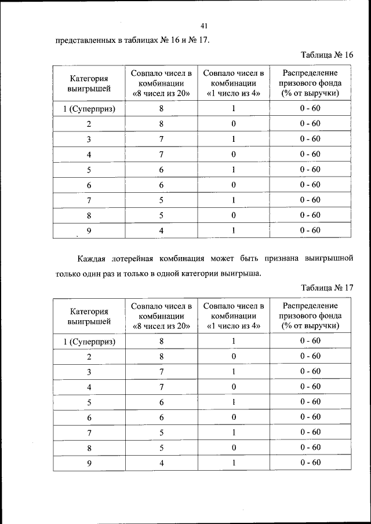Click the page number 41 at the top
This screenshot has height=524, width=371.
204,25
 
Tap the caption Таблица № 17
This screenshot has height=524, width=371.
327,287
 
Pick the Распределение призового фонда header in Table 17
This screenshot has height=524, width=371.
310,316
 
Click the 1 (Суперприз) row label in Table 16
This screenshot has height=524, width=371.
89,109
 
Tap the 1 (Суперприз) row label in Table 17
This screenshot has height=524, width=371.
89,342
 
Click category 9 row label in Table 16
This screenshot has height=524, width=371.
89,230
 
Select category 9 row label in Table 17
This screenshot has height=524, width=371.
89,462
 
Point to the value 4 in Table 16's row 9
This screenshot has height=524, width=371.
162,230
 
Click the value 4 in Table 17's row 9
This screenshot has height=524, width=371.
162,462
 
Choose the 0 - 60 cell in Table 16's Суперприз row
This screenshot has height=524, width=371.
310,109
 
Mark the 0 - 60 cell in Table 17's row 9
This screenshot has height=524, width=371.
310,462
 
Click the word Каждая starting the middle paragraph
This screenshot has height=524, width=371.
95,257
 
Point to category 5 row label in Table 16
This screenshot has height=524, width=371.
89,170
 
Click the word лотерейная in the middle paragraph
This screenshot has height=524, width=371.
140,257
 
